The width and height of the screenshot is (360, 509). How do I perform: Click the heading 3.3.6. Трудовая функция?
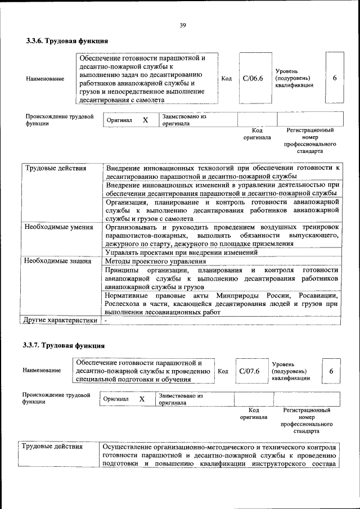coord(67,41)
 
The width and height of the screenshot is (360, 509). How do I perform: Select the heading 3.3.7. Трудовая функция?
coord(64,345)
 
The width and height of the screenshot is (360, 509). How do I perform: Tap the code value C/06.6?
coord(253,78)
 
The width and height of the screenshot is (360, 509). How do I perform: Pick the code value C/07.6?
coord(249,371)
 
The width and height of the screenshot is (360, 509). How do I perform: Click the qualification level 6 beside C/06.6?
coord(335,78)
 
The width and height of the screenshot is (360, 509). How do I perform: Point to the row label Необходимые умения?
coord(58,227)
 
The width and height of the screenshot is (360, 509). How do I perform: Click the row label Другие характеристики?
coord(60,320)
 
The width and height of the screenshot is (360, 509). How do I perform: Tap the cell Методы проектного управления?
coord(155,261)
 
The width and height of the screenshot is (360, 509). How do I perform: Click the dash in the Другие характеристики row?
coord(106,320)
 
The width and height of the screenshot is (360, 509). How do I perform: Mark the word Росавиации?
coord(317,295)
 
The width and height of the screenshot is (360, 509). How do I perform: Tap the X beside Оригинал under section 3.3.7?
coord(142,399)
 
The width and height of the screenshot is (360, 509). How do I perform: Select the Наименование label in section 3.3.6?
coord(45,79)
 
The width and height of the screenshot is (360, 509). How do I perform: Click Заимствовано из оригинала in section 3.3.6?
coord(184,119)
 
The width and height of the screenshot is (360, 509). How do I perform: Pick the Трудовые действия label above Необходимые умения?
coord(55,168)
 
